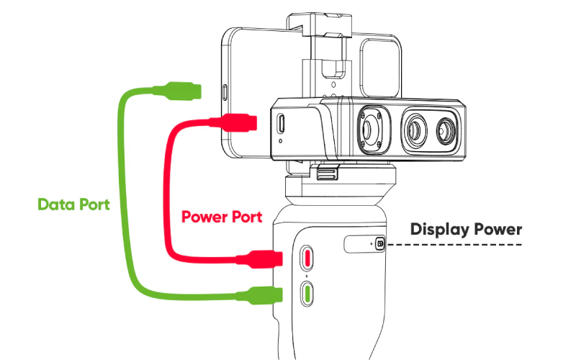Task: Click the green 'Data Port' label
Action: click(73, 204)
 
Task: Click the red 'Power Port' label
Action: click(221, 216)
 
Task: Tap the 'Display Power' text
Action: click(466, 230)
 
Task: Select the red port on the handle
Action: click(307, 258)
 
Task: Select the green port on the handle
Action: click(307, 292)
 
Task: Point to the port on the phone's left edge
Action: click(224, 92)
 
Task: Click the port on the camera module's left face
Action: click(280, 125)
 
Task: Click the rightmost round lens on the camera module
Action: click(443, 129)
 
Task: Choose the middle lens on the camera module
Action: click(415, 129)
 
